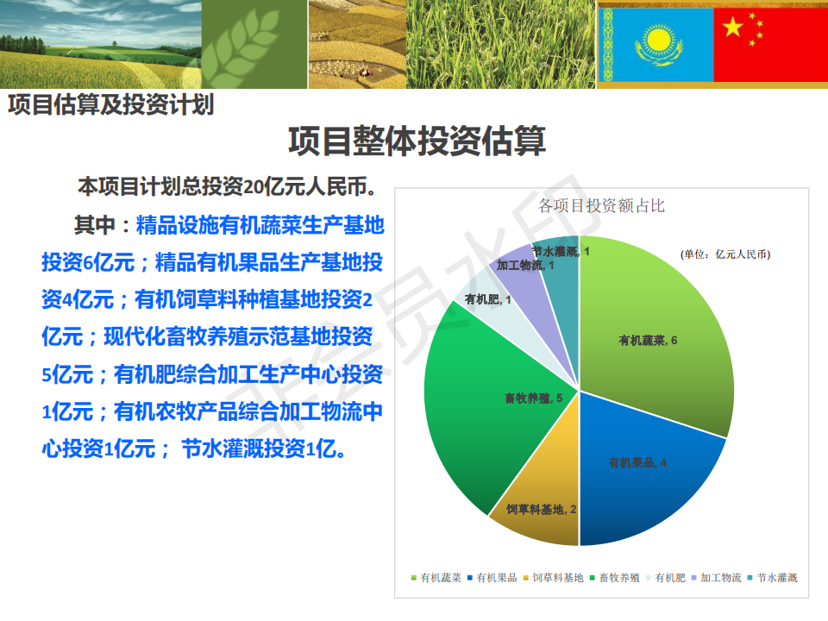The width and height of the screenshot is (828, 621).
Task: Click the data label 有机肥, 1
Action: [x=487, y=299]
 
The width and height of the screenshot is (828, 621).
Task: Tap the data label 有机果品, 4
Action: [x=637, y=462]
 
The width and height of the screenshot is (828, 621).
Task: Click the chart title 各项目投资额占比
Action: [x=601, y=205]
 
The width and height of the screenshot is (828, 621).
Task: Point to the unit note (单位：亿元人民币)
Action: [x=725, y=254]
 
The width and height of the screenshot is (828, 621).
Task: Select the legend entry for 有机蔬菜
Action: [x=436, y=578]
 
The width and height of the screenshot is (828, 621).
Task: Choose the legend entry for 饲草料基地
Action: [x=554, y=578]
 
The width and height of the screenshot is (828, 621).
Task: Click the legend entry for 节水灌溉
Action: [x=773, y=578]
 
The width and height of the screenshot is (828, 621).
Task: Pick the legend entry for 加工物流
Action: [x=716, y=578]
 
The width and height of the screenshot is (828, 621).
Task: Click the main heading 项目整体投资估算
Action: [x=417, y=141]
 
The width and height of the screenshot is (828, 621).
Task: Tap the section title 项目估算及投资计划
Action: [x=111, y=104]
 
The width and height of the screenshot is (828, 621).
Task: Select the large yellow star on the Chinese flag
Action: [x=733, y=27]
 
